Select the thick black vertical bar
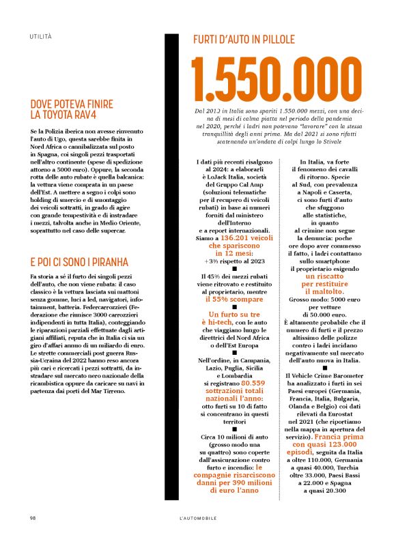[x=170, y=266]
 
